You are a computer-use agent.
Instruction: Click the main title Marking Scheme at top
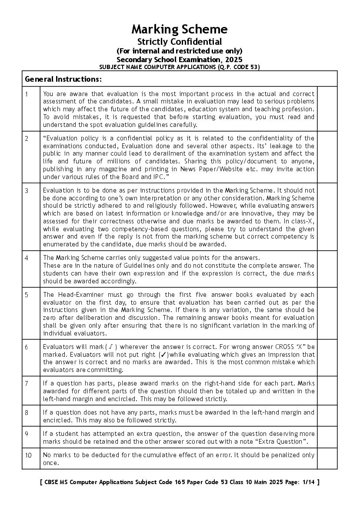(180, 30)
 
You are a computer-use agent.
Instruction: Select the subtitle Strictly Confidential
(180, 42)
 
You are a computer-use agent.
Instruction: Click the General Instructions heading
(63, 79)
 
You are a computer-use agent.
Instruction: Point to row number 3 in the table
(27, 190)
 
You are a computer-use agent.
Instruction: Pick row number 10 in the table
(28, 455)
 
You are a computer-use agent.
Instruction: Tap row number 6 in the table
(27, 347)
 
